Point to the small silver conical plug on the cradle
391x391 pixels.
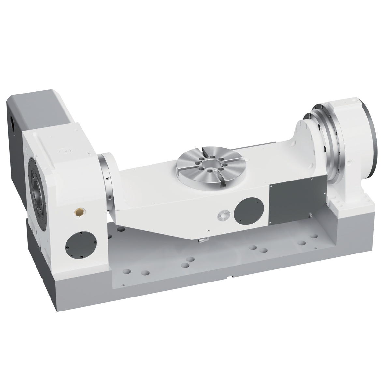click(224, 215)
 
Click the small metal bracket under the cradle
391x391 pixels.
click(202, 240)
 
